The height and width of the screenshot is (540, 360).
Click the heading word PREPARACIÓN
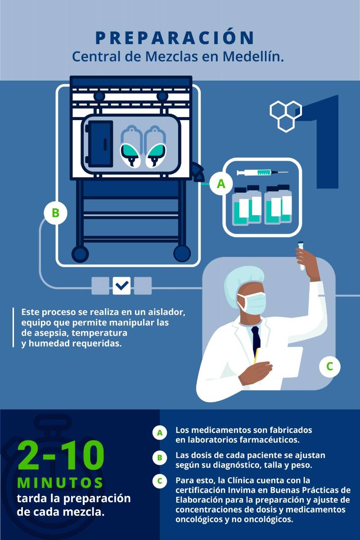coord(175,37)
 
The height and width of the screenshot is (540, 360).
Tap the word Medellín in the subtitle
coord(253,57)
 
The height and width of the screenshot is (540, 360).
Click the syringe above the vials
coord(262,172)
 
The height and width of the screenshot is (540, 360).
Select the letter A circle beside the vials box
coord(221,184)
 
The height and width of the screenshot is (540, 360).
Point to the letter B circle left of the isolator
coord(55,213)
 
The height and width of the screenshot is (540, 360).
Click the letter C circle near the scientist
coord(329,366)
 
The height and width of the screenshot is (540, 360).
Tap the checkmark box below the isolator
coord(121,286)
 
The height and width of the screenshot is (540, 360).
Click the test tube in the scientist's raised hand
coord(301,256)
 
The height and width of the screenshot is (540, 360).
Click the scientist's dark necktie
coord(256,339)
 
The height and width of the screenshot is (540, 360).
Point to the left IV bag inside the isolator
coord(130,147)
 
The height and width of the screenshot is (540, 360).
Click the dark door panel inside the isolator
coord(99,144)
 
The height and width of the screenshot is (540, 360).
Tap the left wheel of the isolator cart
coord(80,254)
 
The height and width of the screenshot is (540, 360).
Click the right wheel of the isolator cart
coord(182,253)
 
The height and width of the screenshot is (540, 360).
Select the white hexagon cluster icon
coord(286,117)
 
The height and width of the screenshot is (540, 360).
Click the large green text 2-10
coord(61,455)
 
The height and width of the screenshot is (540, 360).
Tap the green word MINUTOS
coord(60,482)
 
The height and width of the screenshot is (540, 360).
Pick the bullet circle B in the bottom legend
coord(160,458)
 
